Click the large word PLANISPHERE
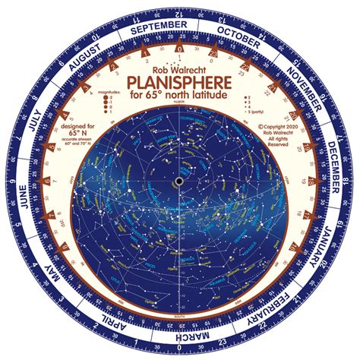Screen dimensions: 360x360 coord(180,83)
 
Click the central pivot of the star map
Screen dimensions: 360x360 coord(180,180)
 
